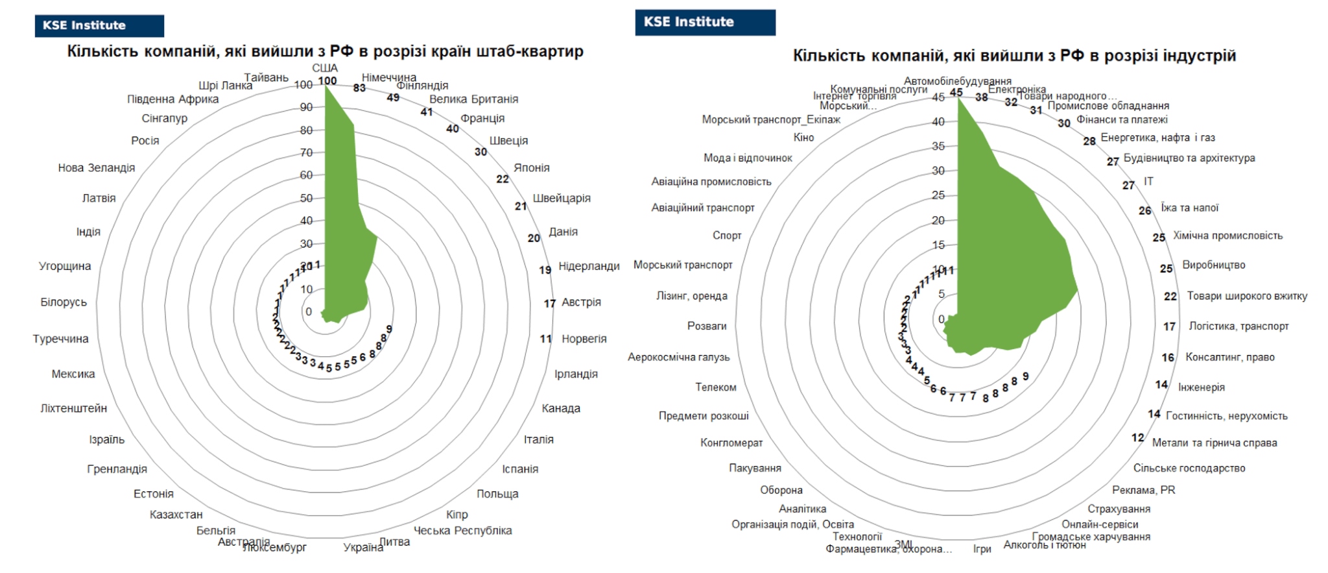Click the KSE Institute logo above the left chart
pos(99,26)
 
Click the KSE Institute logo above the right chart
pos(705,23)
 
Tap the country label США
pos(325,68)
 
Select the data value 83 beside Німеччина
pos(359,88)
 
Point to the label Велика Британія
pos(473,99)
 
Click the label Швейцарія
pos(562,198)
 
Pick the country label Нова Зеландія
pos(97,167)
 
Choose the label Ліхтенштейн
pos(74,408)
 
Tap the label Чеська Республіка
pos(463,530)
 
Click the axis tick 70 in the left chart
pos(306,152)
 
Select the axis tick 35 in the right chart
pos(938,146)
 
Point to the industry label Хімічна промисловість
pos(1227,236)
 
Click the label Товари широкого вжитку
pos(1247,296)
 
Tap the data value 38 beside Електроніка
pos(982,97)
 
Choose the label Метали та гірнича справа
pos(1215,443)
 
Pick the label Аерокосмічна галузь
pos(678,357)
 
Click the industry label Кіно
pos(803,138)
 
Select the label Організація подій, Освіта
pos(792,524)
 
